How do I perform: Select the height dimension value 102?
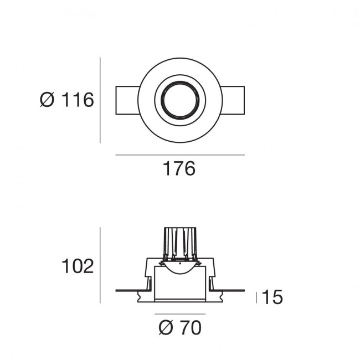[x=77, y=266]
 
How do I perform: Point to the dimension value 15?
[x=272, y=297]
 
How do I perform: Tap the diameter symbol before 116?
[x=48, y=100]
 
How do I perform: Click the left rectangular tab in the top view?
[x=126, y=100]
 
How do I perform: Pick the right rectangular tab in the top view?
[x=233, y=100]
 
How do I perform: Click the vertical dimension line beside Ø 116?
[x=100, y=100]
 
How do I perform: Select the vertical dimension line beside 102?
[x=100, y=265]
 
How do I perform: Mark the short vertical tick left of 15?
[x=256, y=297]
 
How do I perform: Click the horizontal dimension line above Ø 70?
[x=179, y=313]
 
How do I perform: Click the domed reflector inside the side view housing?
[x=179, y=268]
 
